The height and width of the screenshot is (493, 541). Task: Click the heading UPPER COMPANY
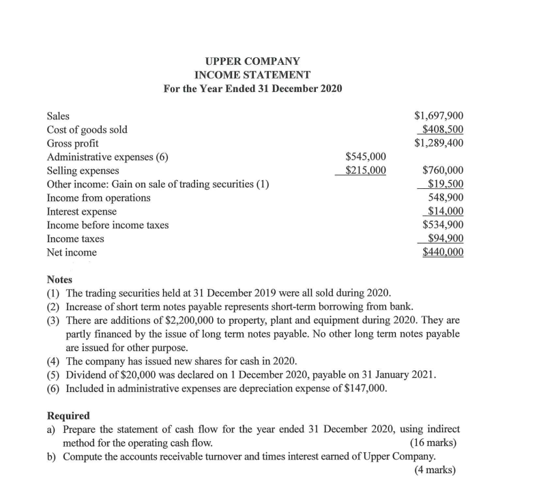[x=252, y=61]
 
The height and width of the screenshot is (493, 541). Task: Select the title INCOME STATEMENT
[x=252, y=74]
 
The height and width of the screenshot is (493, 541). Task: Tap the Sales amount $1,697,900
[x=439, y=116]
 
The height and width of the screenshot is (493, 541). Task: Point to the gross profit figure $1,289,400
[x=439, y=143]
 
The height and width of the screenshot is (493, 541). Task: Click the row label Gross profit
[x=72, y=143]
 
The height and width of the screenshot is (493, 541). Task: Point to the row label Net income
[x=72, y=252]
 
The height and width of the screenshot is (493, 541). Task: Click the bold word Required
[x=68, y=415]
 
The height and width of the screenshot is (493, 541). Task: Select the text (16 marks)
[x=433, y=443]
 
